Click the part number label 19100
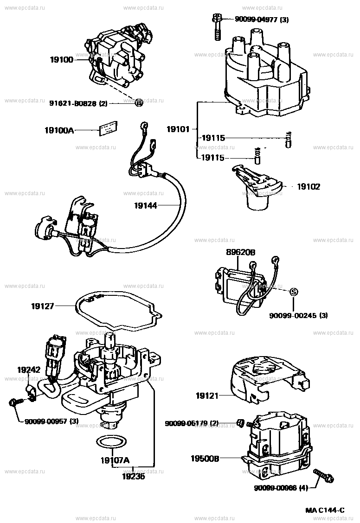point(62,60)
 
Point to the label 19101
point(179,129)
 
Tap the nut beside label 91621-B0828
point(138,103)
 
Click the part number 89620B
point(241,252)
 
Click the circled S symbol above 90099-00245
point(293,292)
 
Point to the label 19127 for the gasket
point(43,306)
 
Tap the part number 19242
point(29,370)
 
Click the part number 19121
point(207,396)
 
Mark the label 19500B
point(204,458)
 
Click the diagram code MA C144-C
point(325,511)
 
